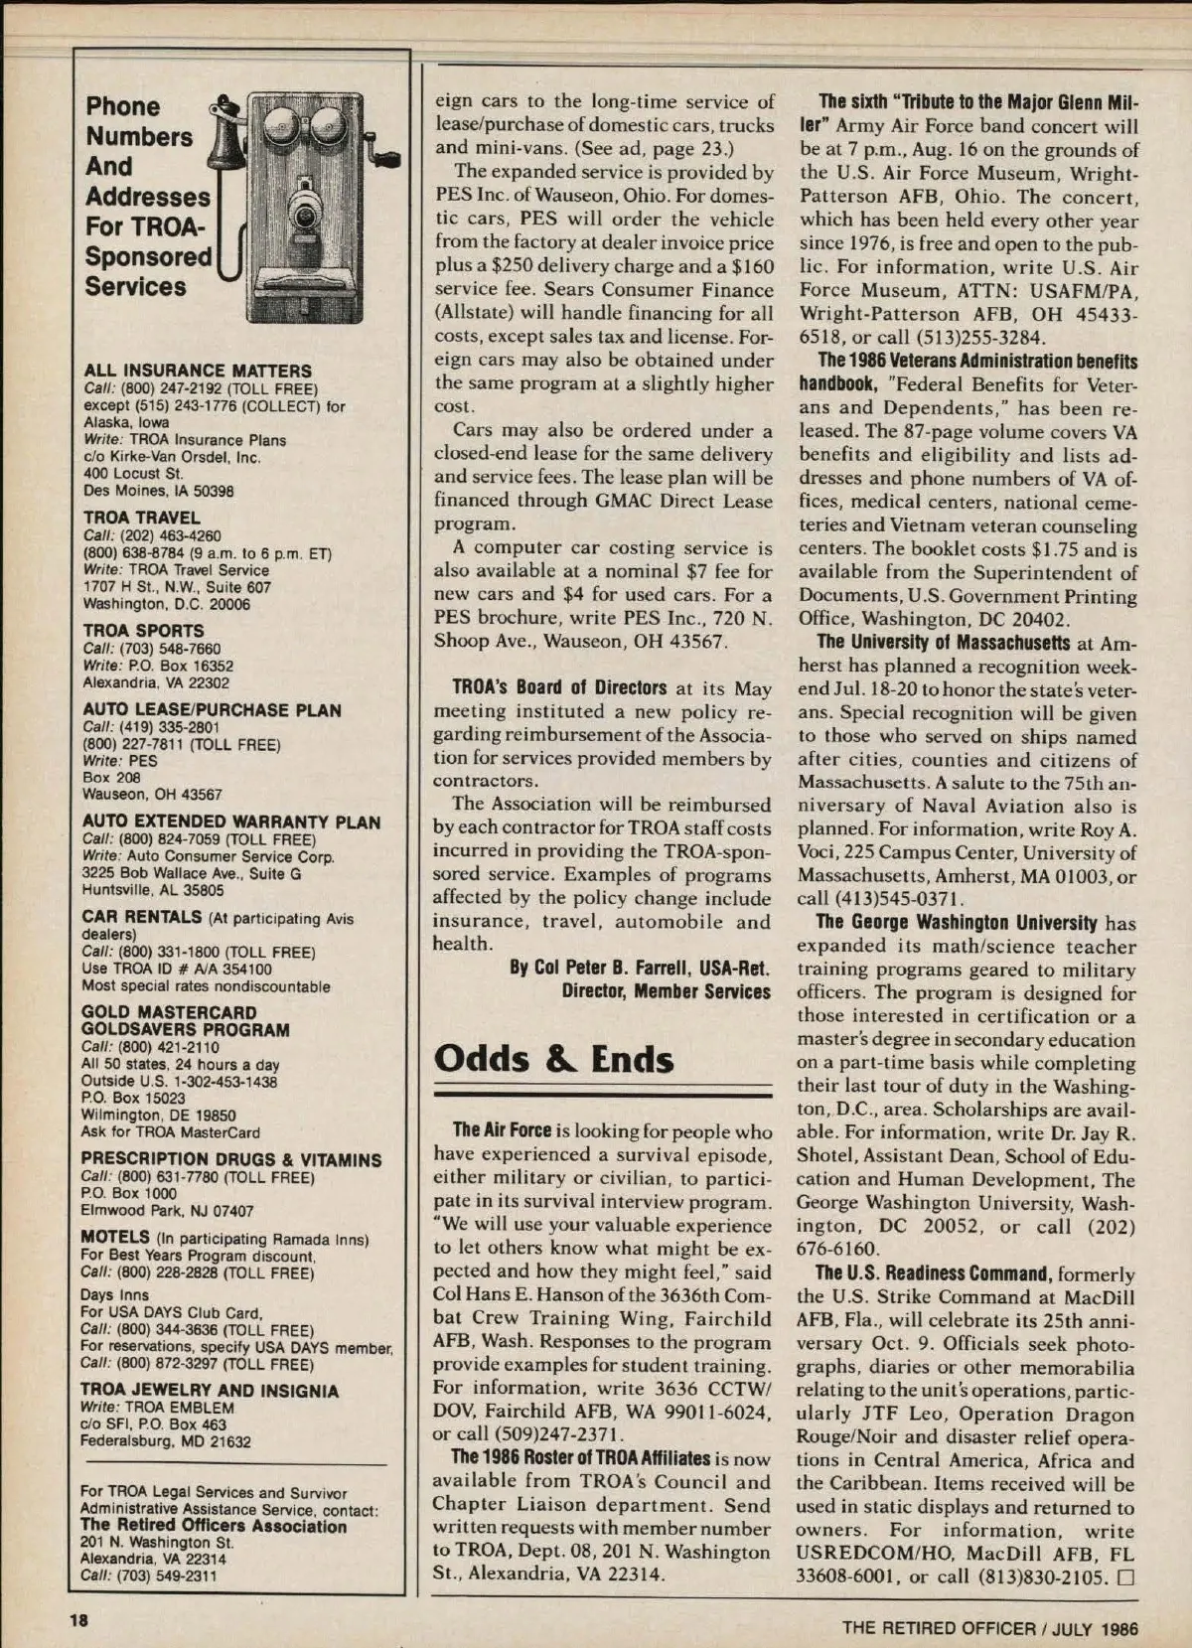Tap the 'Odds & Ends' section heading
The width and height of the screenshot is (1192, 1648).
[553, 1059]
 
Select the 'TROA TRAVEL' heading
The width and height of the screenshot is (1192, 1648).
[142, 518]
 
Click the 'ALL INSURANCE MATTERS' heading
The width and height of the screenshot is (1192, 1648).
[198, 371]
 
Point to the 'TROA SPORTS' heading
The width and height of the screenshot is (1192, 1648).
[143, 631]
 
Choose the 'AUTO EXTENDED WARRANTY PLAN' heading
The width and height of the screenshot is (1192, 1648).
[231, 822]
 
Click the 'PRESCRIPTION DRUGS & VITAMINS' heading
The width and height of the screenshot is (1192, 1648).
[231, 1159]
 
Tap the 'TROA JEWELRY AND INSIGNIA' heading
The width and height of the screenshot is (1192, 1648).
[210, 1391]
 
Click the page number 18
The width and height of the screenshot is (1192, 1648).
[78, 1619]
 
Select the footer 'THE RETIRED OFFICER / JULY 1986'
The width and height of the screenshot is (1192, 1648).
[989, 1628]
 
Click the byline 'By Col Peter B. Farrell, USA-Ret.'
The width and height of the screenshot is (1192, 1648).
[640, 968]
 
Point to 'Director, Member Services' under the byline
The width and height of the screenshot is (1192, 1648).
[666, 991]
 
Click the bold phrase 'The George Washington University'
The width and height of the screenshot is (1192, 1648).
[957, 923]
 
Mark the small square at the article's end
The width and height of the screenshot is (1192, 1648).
[1125, 1577]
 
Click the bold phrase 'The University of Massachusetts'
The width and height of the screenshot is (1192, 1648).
[944, 643]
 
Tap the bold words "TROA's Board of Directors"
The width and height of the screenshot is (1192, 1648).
[559, 687]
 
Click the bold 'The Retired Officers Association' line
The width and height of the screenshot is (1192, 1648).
[214, 1526]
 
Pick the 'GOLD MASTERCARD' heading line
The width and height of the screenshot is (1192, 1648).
[169, 1012]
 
